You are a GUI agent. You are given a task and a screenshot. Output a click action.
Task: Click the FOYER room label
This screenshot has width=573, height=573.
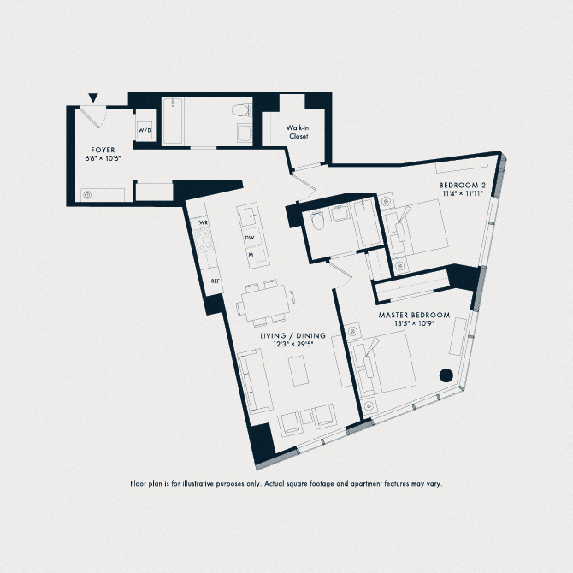pyautogui.click(x=103, y=149)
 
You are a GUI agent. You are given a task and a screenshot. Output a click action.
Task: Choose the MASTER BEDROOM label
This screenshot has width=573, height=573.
pyautogui.click(x=414, y=316)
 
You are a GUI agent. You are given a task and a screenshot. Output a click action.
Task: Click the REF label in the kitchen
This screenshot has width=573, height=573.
pyautogui.click(x=216, y=281)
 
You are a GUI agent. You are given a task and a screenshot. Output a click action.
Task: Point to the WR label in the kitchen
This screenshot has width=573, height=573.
pyautogui.click(x=204, y=222)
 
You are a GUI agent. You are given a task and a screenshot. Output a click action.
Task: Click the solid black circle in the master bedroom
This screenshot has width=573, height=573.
pyautogui.click(x=446, y=374)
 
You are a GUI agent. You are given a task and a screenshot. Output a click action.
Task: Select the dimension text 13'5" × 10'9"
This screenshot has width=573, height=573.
pyautogui.click(x=414, y=325)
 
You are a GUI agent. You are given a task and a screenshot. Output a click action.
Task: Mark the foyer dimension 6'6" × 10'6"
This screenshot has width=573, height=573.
pyautogui.click(x=103, y=158)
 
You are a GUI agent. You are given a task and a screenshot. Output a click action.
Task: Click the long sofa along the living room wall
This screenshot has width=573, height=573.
pyautogui.click(x=251, y=382)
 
